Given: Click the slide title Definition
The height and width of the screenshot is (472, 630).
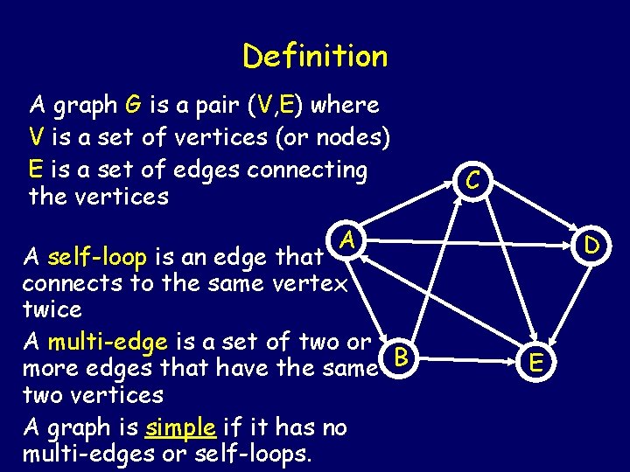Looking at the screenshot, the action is [x=315, y=57].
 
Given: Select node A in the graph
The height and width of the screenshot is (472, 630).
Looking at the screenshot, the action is [x=347, y=239].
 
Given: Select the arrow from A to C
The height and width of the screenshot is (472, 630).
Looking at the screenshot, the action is [x=407, y=211].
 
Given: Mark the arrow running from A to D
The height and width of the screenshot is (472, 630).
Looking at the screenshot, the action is [x=468, y=240].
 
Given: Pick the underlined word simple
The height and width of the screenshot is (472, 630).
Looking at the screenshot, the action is [x=182, y=427].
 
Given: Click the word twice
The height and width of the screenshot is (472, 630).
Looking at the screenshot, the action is [x=52, y=309].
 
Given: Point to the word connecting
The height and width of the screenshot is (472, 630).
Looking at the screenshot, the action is [x=306, y=168].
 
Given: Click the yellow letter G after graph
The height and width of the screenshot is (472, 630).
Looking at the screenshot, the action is [x=133, y=106].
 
